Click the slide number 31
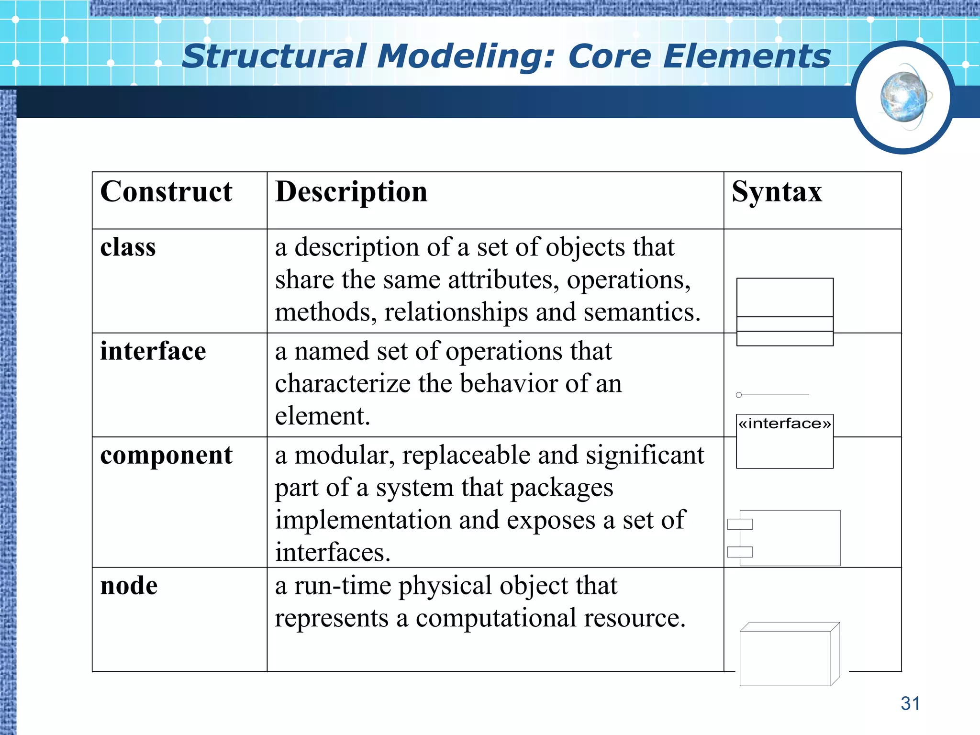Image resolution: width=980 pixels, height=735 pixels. tap(910, 703)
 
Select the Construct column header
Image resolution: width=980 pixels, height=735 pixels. tap(166, 192)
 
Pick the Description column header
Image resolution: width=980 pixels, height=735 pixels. tap(351, 192)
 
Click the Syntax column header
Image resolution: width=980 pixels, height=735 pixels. tap(777, 192)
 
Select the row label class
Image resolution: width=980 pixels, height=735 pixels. tap(128, 247)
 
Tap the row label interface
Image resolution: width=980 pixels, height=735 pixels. tap(153, 351)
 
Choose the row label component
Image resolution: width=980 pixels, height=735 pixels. tap(166, 455)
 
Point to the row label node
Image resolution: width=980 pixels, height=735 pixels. tap(129, 586)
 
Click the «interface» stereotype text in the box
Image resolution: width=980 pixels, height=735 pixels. tap(785, 424)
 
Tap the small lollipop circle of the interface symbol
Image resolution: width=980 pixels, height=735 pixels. tap(739, 395)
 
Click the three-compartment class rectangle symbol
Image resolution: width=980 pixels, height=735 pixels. tap(785, 312)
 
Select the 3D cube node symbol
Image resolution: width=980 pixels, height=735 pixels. tap(787, 656)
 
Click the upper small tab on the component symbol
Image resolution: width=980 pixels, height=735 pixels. tap(740, 524)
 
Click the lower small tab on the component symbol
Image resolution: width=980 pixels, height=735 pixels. tap(740, 552)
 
